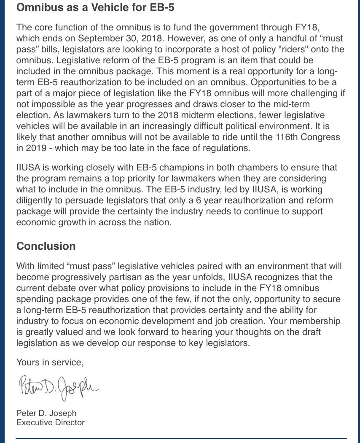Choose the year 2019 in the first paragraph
[35, 148]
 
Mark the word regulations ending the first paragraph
[229, 148]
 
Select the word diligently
[35, 200]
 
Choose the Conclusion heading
[46, 246]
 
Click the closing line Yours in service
[50, 362]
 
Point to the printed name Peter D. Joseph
[46, 413]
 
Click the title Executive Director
[50, 422]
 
